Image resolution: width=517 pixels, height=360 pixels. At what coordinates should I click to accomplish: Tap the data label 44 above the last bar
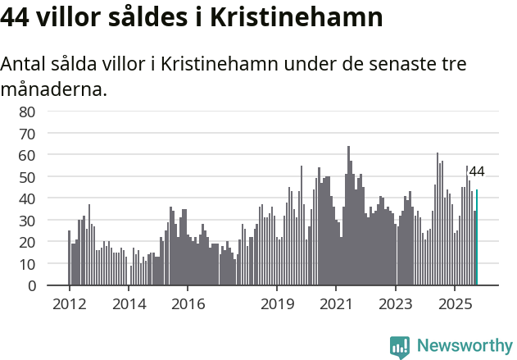pos(476,172)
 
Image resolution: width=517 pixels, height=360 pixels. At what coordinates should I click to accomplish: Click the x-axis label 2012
pos(69,303)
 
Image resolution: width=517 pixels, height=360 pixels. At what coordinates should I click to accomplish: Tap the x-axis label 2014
pos(129,303)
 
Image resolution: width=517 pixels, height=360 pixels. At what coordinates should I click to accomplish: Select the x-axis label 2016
pos(188,303)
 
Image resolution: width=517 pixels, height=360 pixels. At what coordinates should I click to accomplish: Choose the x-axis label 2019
pos(277,303)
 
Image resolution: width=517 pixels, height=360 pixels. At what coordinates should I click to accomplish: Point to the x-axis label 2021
pos(336,303)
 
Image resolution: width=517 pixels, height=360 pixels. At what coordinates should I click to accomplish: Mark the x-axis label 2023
pos(396,303)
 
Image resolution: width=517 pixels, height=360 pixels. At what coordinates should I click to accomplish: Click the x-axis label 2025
pos(455,303)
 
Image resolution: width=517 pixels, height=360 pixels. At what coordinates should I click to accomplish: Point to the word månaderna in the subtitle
pos(54,89)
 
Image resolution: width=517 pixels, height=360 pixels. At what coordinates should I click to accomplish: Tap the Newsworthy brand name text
pos(465,345)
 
